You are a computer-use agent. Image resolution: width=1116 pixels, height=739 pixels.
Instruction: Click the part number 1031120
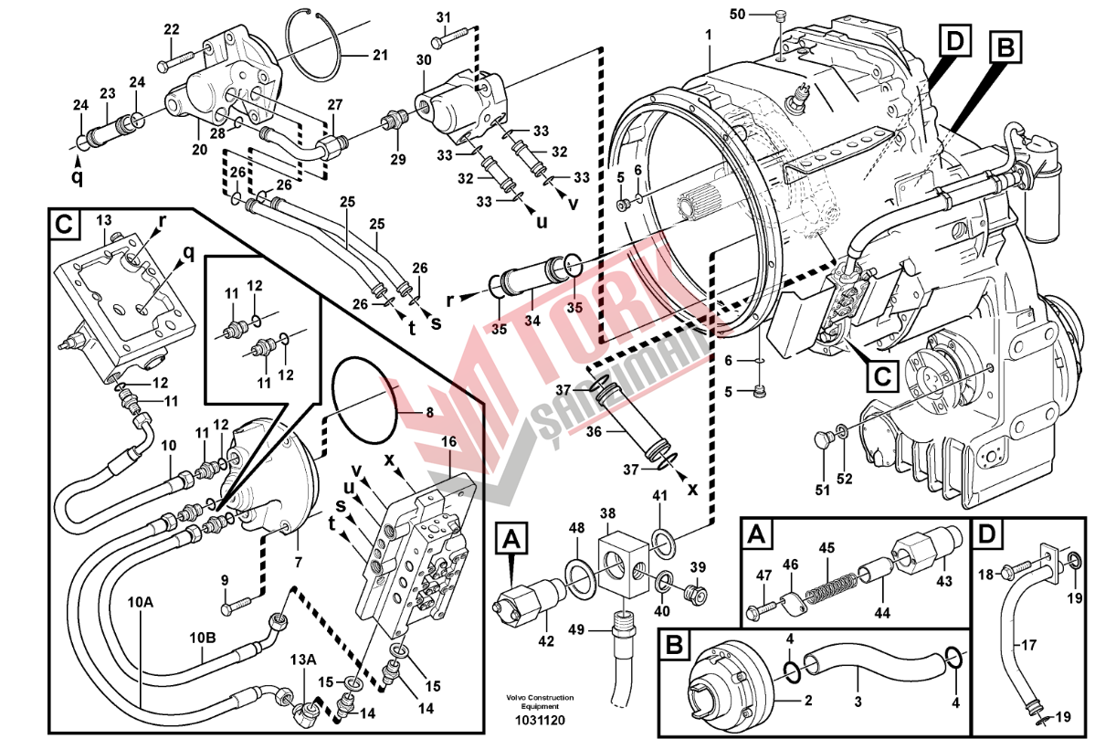pos(540,721)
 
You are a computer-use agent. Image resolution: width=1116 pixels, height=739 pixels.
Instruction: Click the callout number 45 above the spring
pos(826,548)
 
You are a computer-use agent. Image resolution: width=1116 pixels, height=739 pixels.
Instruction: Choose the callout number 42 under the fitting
pos(546,641)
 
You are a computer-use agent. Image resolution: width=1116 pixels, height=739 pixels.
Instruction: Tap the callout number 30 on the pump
pos(423,59)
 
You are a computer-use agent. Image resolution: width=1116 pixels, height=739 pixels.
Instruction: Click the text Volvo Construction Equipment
pos(540,702)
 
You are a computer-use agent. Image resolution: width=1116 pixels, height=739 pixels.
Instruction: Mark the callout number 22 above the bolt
pos(172,30)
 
